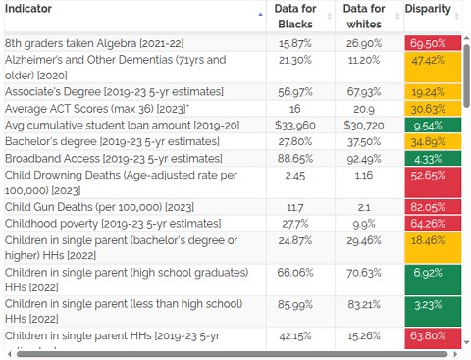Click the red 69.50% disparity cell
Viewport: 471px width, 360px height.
click(x=432, y=44)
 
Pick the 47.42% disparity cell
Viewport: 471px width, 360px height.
click(x=432, y=69)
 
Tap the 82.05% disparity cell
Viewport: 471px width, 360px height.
click(x=432, y=208)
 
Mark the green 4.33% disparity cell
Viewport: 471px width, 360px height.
click(x=432, y=159)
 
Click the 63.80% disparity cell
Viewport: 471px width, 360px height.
click(x=432, y=336)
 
